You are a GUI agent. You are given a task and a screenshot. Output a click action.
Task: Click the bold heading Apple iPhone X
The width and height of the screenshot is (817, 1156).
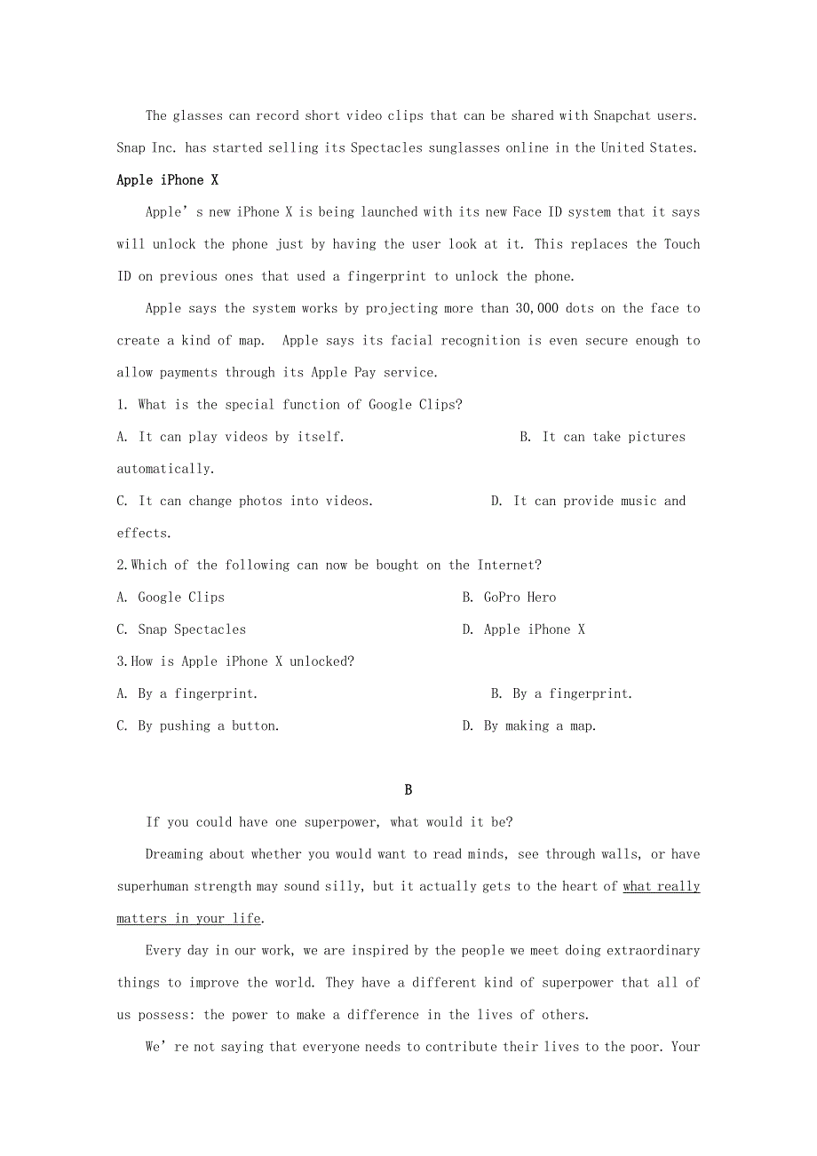click(x=167, y=180)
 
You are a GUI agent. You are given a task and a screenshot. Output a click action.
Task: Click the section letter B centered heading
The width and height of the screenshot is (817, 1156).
click(x=408, y=790)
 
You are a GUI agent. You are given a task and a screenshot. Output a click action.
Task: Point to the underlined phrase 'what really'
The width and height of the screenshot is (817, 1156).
click(x=662, y=886)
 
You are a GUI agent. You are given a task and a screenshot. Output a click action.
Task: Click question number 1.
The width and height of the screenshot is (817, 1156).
click(x=122, y=405)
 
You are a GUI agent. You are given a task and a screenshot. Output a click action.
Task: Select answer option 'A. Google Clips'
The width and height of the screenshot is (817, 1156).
click(x=171, y=598)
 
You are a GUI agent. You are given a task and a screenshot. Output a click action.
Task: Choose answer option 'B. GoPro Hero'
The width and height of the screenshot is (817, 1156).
click(x=509, y=598)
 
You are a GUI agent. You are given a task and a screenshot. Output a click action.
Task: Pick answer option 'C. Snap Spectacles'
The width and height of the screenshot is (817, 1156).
click(x=181, y=629)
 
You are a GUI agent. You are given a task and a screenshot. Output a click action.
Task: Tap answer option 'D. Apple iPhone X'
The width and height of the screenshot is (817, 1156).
click(x=523, y=629)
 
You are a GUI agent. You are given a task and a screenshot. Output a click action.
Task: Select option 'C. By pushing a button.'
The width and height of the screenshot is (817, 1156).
click(x=198, y=726)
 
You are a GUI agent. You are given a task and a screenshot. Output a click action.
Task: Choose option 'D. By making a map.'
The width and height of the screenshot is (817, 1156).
click(x=529, y=726)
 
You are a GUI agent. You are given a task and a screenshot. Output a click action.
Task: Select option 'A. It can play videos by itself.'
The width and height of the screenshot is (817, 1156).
click(x=231, y=437)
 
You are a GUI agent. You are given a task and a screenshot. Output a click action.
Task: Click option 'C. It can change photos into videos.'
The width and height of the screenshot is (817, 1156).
click(x=245, y=501)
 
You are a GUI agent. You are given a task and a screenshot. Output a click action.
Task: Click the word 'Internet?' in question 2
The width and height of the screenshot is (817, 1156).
click(x=510, y=566)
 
